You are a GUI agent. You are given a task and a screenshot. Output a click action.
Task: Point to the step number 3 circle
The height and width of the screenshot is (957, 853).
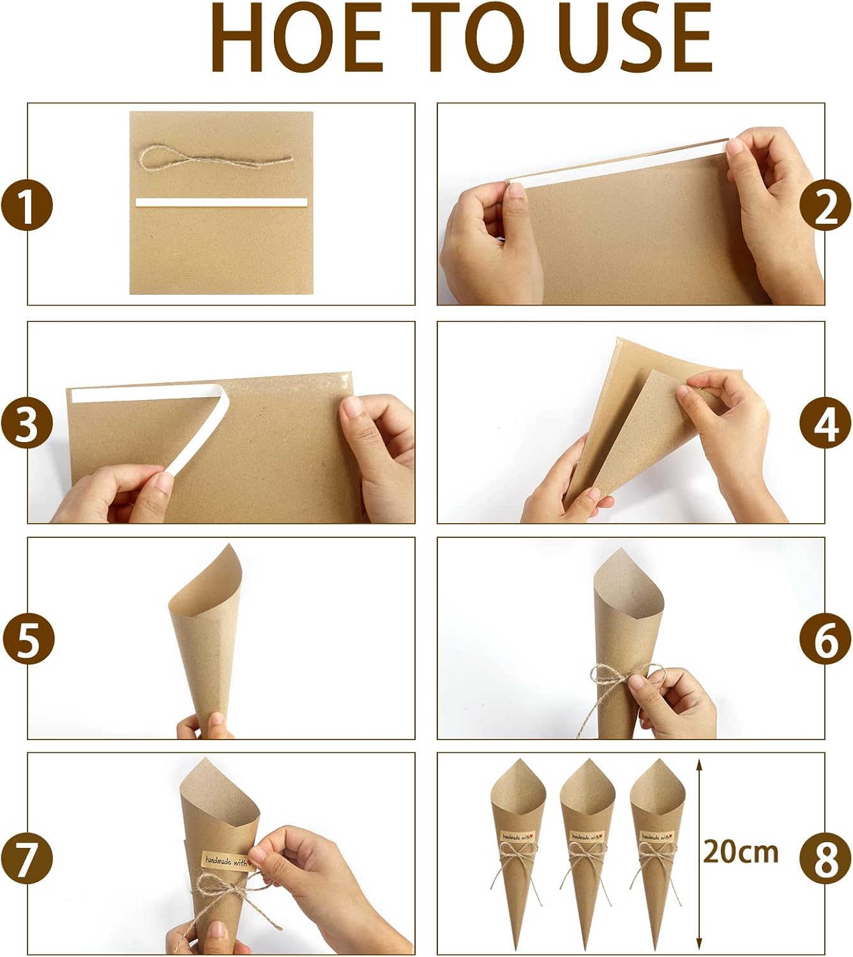27,424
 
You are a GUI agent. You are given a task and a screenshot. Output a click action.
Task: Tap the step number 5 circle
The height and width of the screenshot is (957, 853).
27,639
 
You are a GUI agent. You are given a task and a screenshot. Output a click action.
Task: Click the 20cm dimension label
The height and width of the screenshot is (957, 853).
741,852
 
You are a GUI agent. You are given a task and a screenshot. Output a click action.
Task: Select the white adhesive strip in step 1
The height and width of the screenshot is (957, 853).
222,203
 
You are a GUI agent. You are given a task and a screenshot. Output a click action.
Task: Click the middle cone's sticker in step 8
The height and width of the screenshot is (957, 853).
587,836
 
